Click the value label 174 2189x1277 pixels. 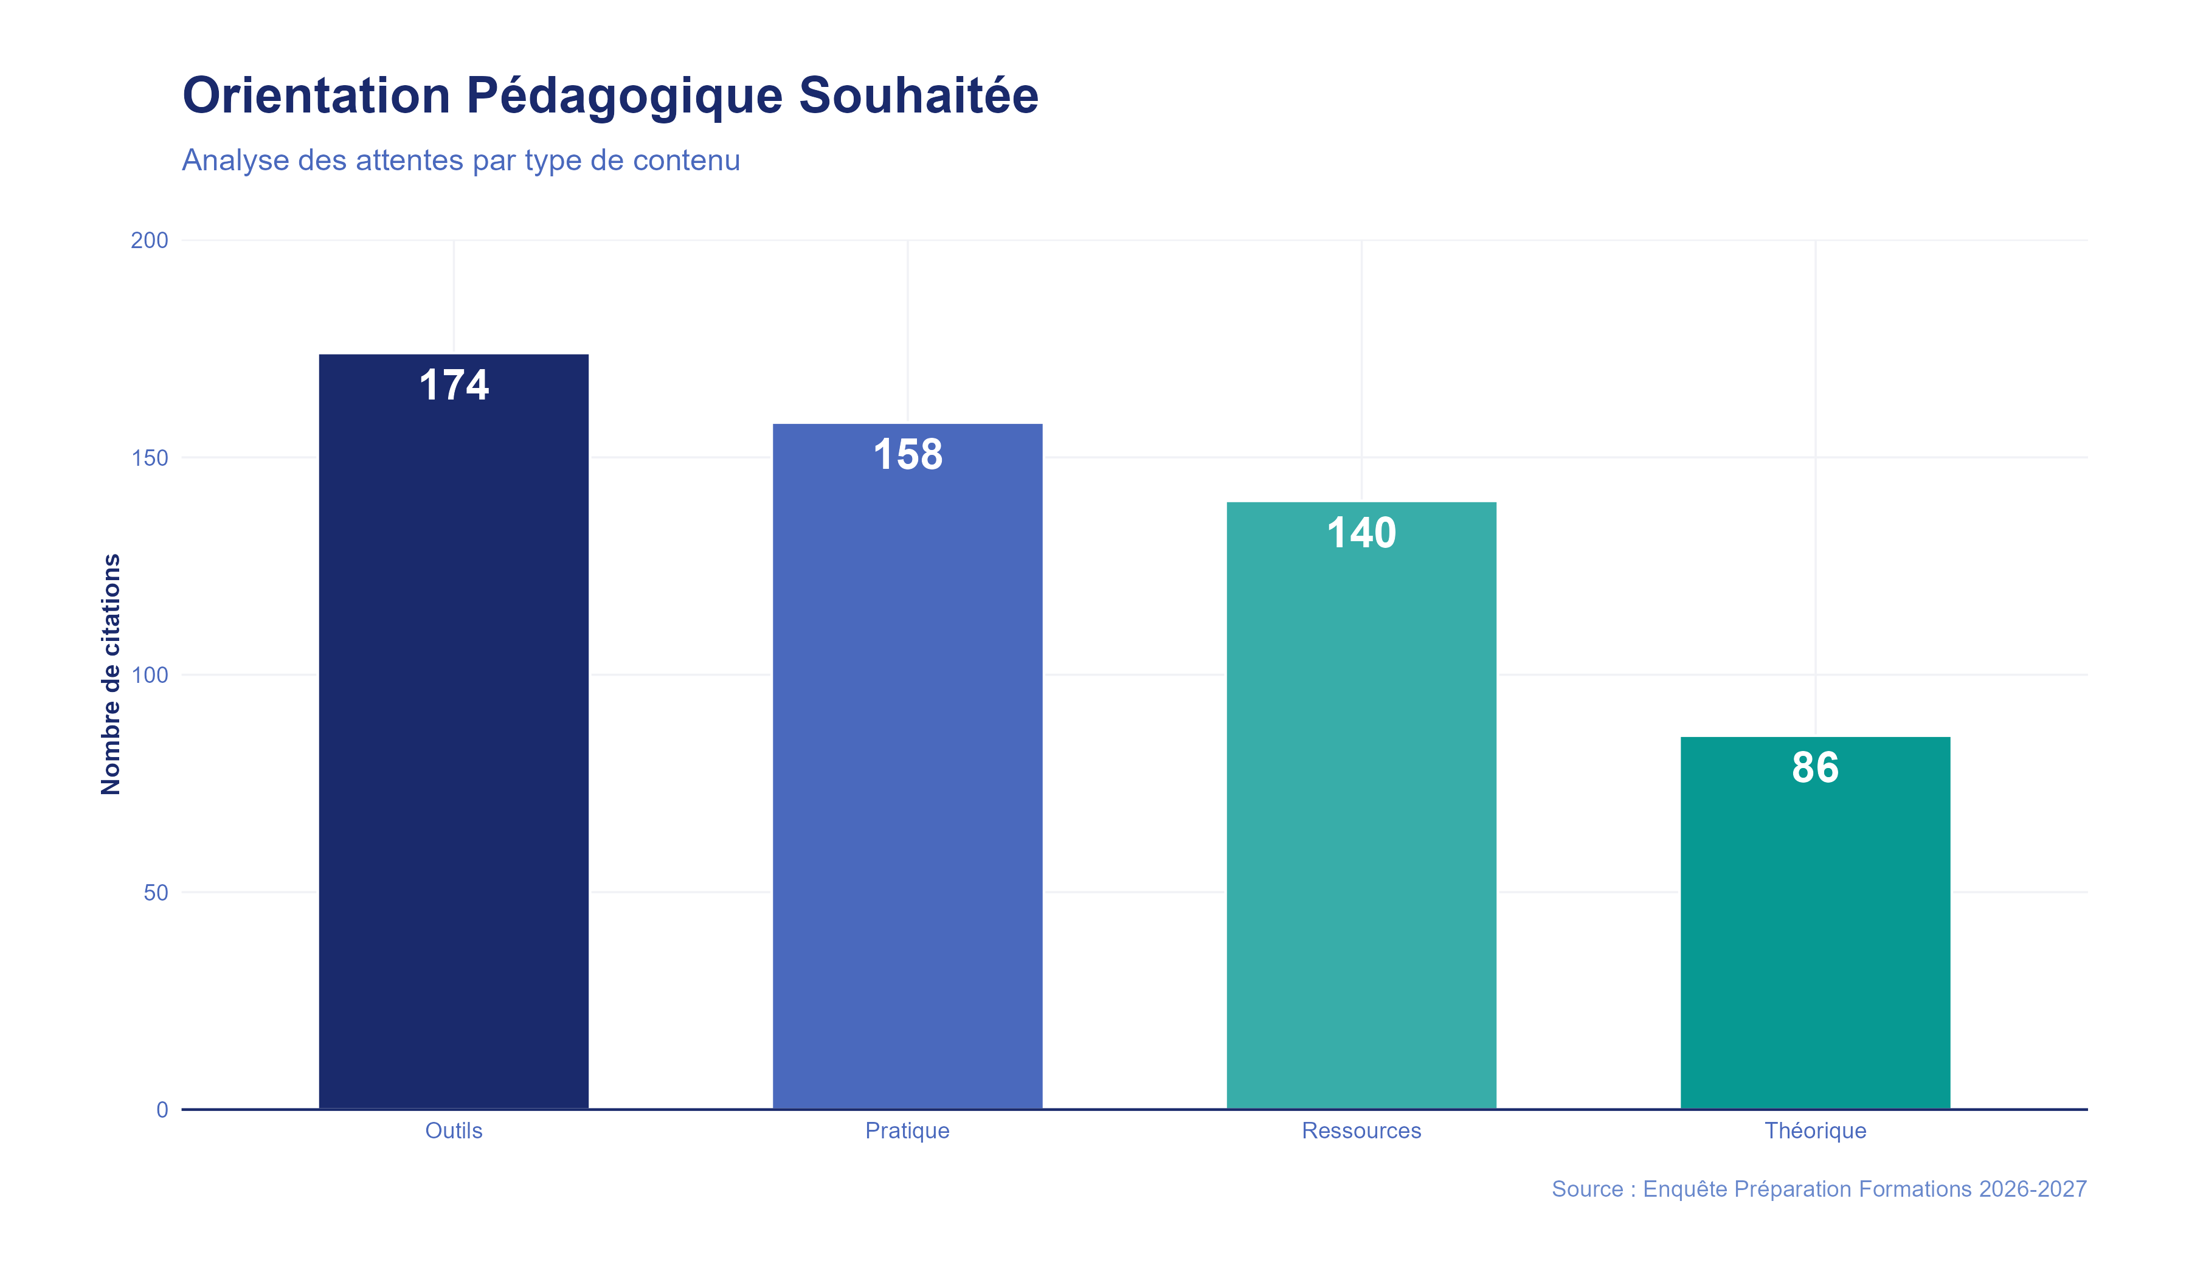click(x=454, y=385)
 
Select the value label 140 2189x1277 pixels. click(x=1361, y=533)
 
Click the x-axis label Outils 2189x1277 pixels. click(x=454, y=1130)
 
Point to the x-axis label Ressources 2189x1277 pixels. click(x=1361, y=1130)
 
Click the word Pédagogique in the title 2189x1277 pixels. click(x=624, y=95)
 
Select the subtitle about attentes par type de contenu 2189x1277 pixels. click(x=460, y=161)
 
